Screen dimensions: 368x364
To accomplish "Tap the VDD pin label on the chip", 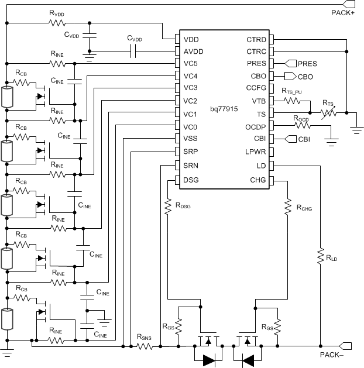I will [191, 40].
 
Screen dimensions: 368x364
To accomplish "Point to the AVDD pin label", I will [193, 51].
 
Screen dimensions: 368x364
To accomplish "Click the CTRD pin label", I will [256, 40].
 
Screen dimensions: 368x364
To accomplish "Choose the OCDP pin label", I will [256, 126].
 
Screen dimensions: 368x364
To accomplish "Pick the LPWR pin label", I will [256, 152].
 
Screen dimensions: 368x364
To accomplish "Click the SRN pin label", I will [191, 166].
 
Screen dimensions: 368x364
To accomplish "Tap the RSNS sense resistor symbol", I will [145, 347].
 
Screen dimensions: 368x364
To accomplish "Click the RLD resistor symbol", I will [320, 256].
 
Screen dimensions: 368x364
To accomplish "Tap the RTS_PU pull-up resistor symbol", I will [293, 100].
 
